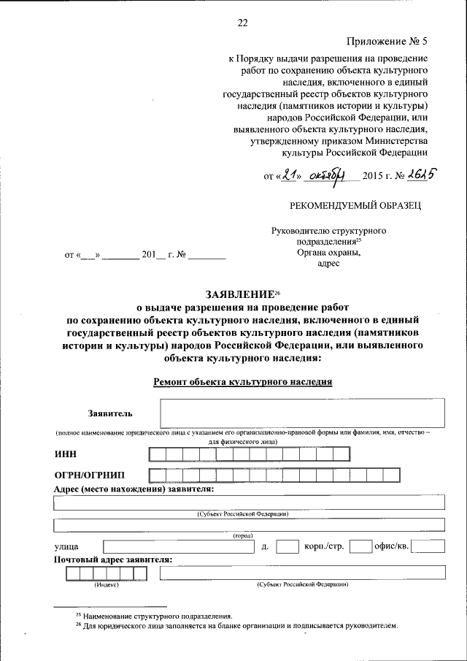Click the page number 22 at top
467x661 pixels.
click(x=243, y=23)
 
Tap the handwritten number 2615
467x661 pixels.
click(x=422, y=175)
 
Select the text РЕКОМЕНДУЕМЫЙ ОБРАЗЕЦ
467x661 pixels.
click(x=355, y=205)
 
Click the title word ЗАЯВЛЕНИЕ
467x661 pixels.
click(x=239, y=294)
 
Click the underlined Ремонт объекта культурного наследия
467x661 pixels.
click(x=243, y=381)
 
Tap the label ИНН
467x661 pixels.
click(x=66, y=454)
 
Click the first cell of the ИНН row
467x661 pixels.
click(x=156, y=454)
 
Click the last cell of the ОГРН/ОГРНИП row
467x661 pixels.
click(x=392, y=475)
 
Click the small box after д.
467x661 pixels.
click(x=287, y=546)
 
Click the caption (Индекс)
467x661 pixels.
click(x=105, y=585)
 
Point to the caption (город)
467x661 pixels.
click(x=243, y=535)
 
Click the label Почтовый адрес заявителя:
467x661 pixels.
click(x=113, y=559)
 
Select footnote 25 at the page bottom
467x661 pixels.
click(x=154, y=616)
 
